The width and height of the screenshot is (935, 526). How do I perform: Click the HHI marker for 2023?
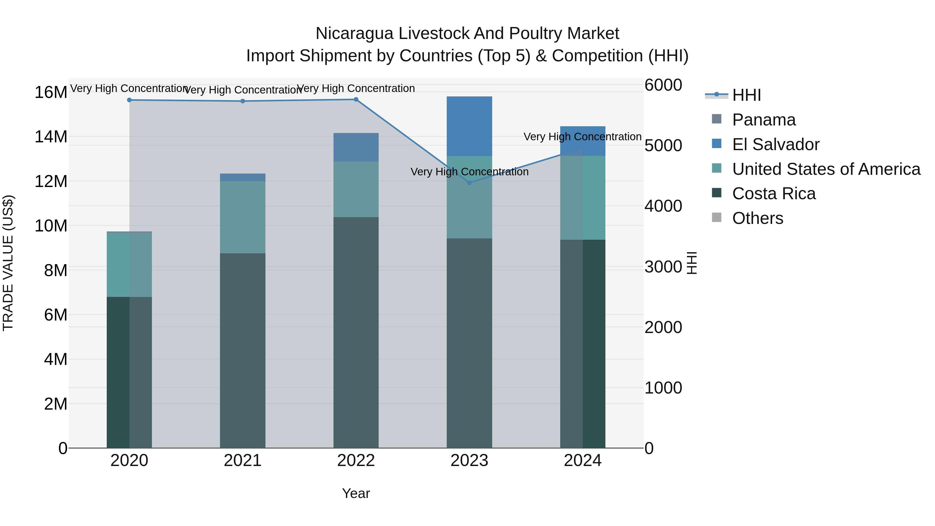pos(469,183)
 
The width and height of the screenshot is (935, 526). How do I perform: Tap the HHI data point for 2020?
pos(129,100)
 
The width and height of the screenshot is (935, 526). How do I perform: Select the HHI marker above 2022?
pos(356,99)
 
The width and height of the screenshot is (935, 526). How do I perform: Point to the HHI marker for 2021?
pos(243,101)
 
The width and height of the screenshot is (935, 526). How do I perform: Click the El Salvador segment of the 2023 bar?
pos(469,126)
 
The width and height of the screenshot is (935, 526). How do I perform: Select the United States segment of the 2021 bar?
pos(243,217)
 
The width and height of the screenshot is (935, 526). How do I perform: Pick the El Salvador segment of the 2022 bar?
pos(356,147)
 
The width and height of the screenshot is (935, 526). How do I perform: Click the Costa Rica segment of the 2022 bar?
pos(356,332)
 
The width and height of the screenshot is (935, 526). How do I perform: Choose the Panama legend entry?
pos(764,120)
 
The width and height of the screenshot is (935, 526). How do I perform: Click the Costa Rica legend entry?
pos(774,194)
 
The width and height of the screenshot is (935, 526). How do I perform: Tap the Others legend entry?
pos(758,218)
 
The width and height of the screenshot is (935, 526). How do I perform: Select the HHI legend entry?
pos(746,95)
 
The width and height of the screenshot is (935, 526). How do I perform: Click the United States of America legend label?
pos(826,169)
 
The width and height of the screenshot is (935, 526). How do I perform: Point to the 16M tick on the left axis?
pos(51,92)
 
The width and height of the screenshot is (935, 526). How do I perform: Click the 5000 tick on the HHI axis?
pos(663,145)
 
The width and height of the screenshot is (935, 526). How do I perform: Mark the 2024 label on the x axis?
pos(583,461)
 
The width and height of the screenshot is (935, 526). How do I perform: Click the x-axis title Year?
pos(356,493)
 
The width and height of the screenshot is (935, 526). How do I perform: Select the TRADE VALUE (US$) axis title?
pos(8,263)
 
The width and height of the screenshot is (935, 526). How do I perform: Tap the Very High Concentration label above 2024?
pos(582,137)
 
